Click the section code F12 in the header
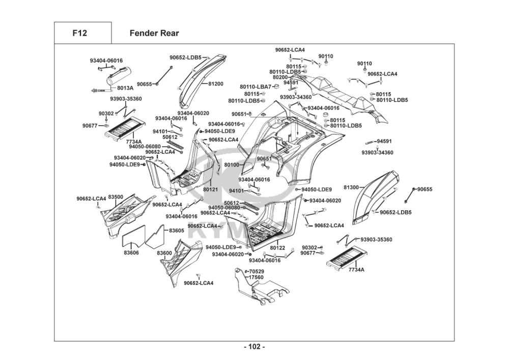click(x=79, y=34)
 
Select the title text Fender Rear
click(x=154, y=34)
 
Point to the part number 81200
click(x=215, y=84)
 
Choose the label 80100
click(x=232, y=165)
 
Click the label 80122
click(x=277, y=248)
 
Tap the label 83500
click(x=116, y=197)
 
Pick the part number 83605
click(x=177, y=231)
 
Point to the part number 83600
click(x=164, y=253)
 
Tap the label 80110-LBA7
click(x=256, y=87)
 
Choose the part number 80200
click(x=280, y=77)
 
